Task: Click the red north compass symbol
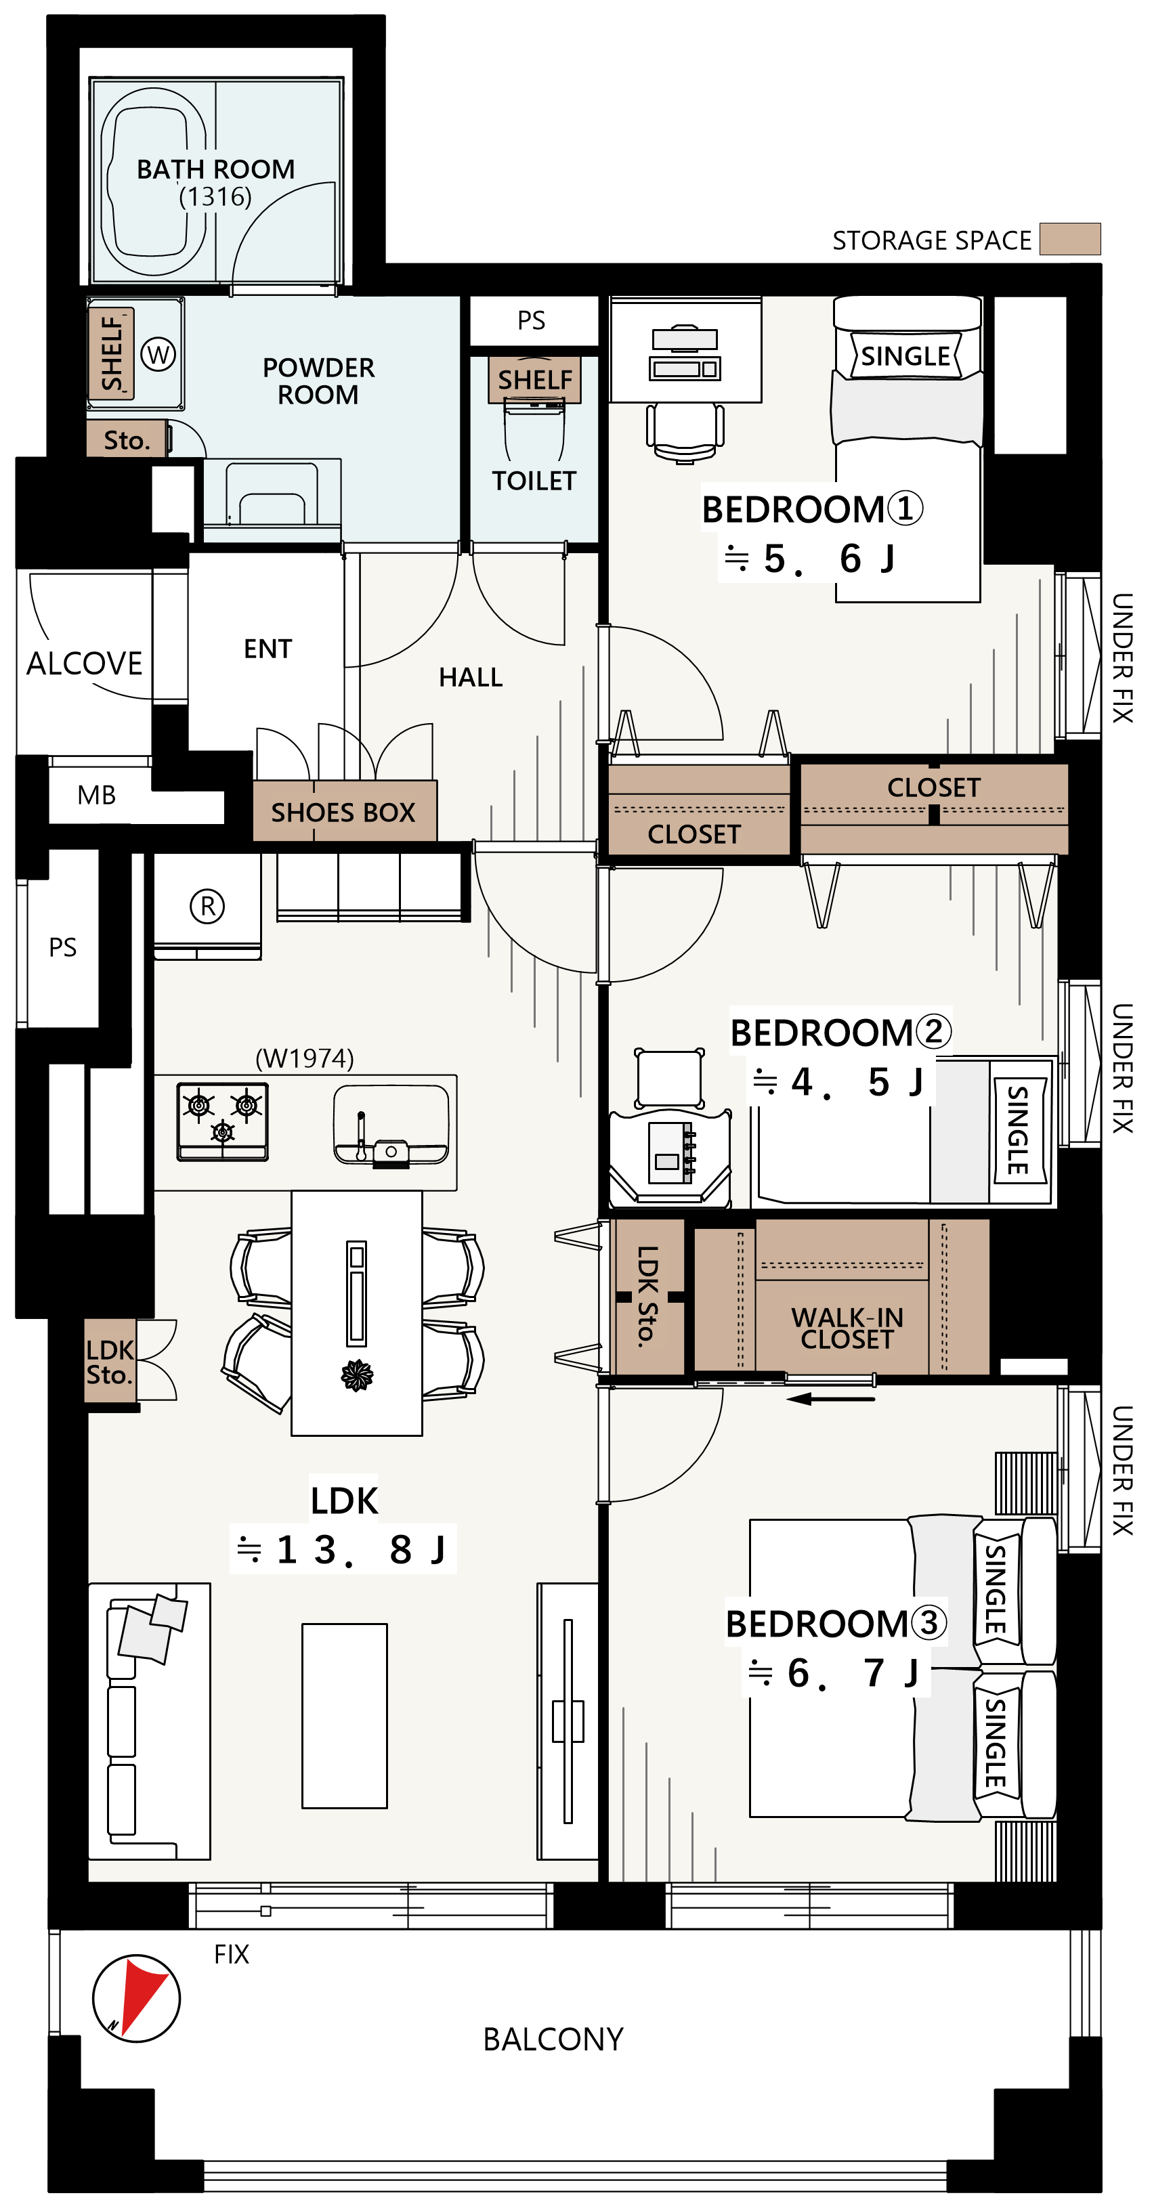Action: (x=136, y=1997)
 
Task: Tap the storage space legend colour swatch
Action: (x=1070, y=239)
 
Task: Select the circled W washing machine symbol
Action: (x=158, y=353)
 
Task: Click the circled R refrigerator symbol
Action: (x=207, y=905)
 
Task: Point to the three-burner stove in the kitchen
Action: (x=223, y=1121)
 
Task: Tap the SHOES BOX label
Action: (x=343, y=812)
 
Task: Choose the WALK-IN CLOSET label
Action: (x=847, y=1328)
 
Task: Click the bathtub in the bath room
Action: (x=154, y=181)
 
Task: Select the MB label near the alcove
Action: (x=97, y=795)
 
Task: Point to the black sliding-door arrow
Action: (x=830, y=1399)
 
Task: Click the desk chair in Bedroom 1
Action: (x=685, y=432)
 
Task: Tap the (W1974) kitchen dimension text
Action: (x=305, y=1058)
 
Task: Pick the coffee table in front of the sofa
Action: (x=344, y=1715)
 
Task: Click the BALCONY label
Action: (x=553, y=2039)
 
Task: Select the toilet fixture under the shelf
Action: (x=535, y=432)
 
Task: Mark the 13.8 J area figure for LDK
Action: (x=343, y=1549)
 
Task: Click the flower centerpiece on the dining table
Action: (x=357, y=1376)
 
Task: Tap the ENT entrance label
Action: (x=268, y=649)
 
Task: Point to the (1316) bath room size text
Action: (x=215, y=197)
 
